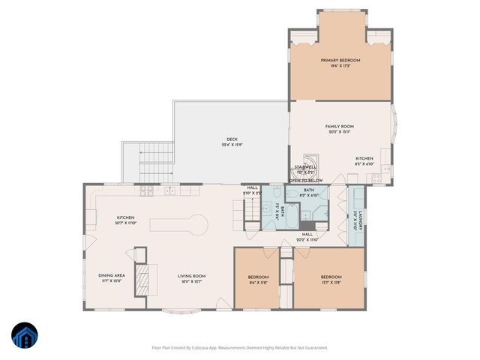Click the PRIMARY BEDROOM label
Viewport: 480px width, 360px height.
click(x=340, y=60)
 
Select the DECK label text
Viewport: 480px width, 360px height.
click(x=232, y=139)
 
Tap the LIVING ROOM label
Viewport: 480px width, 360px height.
click(x=191, y=275)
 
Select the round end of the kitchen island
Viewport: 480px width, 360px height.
click(x=197, y=223)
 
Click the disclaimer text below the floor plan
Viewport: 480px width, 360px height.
click(x=239, y=347)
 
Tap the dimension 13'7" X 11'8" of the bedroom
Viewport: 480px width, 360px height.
click(x=331, y=283)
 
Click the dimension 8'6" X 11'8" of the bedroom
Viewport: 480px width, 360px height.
click(x=258, y=283)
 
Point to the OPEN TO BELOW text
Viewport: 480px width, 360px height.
click(x=306, y=181)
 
